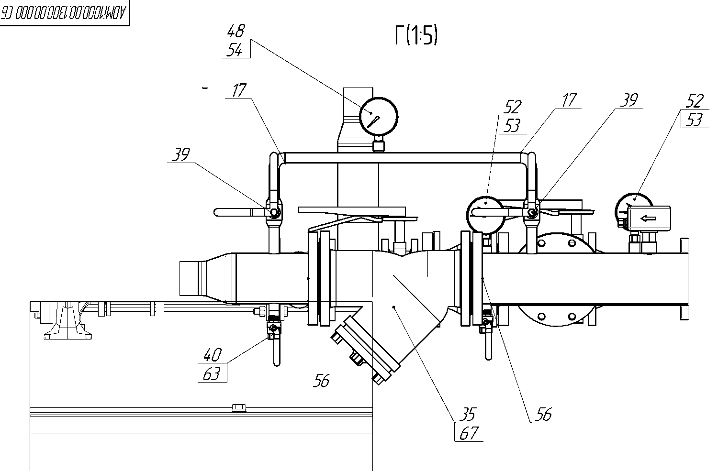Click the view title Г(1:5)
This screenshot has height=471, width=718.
pos(416,36)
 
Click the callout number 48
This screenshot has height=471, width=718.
pos(236,32)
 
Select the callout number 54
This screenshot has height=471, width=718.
pos(235,50)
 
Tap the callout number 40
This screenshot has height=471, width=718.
pos(213,355)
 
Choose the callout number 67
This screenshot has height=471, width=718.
pos(469,433)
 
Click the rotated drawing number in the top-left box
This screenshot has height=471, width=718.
pos(64,13)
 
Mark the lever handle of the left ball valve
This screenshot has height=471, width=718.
pos(239,211)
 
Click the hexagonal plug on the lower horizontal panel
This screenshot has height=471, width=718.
pos(238,408)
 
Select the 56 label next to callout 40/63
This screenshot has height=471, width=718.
pos(321,381)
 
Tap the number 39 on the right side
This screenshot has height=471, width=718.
pos(629,100)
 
